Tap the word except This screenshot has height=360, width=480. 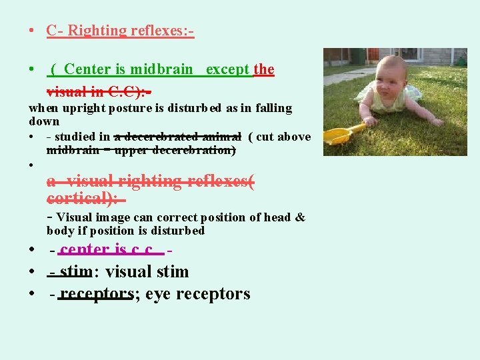coord(228,69)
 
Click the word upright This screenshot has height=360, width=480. coord(83,108)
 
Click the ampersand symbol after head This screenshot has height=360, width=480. coord(299,217)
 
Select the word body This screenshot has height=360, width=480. coord(60,231)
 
